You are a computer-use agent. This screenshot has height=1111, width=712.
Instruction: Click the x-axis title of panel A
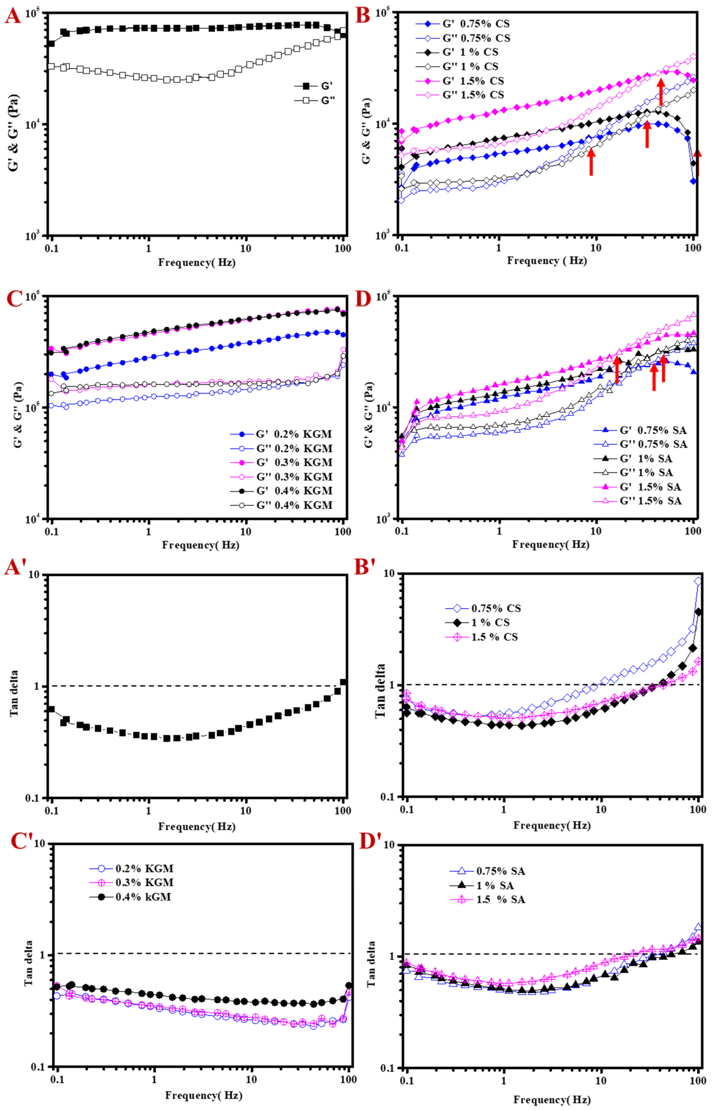click(x=197, y=262)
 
